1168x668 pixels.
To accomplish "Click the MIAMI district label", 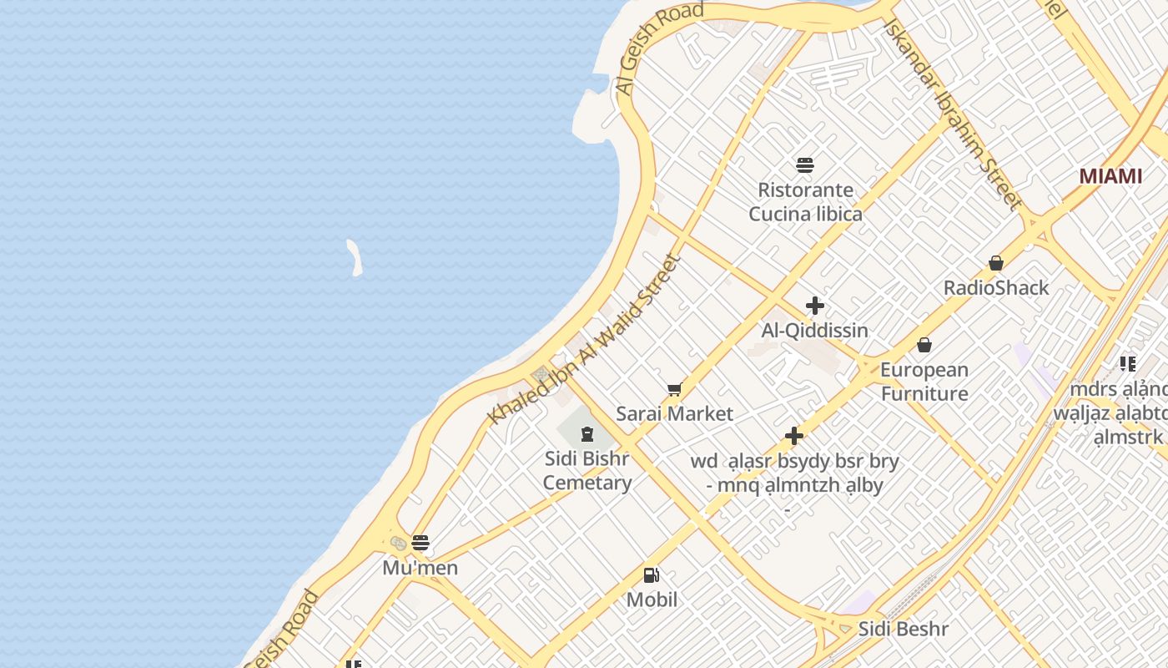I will pos(1110,176).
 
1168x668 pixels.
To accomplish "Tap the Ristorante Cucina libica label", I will pos(805,202).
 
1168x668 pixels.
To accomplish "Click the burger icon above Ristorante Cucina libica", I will pos(805,164).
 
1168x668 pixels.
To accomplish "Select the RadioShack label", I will pos(995,288).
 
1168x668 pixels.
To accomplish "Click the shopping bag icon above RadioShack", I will pos(995,263).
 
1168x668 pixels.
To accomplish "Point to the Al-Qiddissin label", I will pos(814,331).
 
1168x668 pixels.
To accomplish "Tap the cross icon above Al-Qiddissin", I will pos(815,306).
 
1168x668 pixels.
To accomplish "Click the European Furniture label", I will pos(924,382).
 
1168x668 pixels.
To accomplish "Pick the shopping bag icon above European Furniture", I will pos(924,344).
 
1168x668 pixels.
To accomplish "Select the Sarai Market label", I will pos(674,413).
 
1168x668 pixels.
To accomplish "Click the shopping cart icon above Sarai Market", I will pos(674,389).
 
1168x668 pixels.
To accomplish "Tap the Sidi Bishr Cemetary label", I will pos(587,471).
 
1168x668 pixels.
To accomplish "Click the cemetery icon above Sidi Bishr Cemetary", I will pos(587,433).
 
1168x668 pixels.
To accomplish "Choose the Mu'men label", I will pos(420,569).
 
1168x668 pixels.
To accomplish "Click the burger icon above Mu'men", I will pos(420,543).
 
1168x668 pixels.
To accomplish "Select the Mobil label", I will pos(652,600).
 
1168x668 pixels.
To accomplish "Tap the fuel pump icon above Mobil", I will pos(652,574).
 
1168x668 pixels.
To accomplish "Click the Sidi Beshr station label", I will pos(904,629).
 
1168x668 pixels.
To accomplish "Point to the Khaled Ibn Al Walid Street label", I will pos(583,340).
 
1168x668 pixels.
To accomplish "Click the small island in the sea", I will pos(355,257).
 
